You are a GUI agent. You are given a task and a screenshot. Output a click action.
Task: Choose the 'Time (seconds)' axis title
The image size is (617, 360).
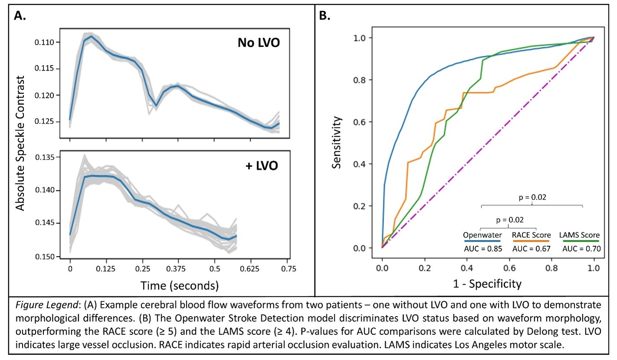[x=179, y=285]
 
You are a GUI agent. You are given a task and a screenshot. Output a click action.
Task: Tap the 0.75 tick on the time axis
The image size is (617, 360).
[x=286, y=269]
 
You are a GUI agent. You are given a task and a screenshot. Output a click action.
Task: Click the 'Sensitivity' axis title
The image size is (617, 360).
[x=337, y=143]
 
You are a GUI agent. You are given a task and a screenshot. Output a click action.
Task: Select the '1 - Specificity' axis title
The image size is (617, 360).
[x=487, y=284]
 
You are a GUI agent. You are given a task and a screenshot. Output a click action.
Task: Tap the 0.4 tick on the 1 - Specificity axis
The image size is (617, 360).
[x=467, y=268]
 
